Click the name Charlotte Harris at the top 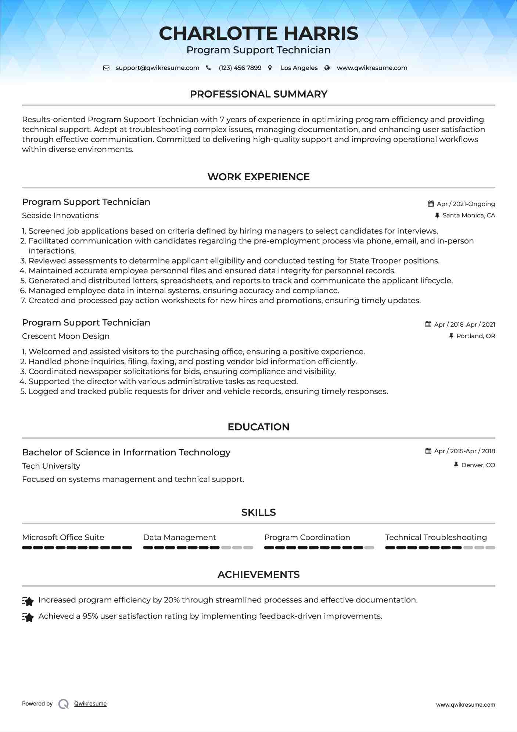pyautogui.click(x=258, y=33)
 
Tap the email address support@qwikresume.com pyautogui.click(x=157, y=68)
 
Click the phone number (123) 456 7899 pyautogui.click(x=240, y=68)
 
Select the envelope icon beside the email pyautogui.click(x=106, y=68)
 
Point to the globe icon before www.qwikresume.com pyautogui.click(x=327, y=68)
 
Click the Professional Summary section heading pyautogui.click(x=258, y=94)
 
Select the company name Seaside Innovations pyautogui.click(x=60, y=216)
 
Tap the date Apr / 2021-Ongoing pyautogui.click(x=466, y=204)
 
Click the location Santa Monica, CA pyautogui.click(x=468, y=216)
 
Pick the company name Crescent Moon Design pyautogui.click(x=66, y=336)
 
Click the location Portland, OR pyautogui.click(x=475, y=336)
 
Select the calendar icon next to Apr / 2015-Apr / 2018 pyautogui.click(x=428, y=451)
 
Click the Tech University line pyautogui.click(x=51, y=466)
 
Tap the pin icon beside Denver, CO pyautogui.click(x=456, y=465)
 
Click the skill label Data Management pyautogui.click(x=179, y=537)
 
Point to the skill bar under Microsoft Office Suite pyautogui.click(x=77, y=548)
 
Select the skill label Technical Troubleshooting pyautogui.click(x=436, y=537)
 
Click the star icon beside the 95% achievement pyautogui.click(x=28, y=617)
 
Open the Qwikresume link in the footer pyautogui.click(x=90, y=704)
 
